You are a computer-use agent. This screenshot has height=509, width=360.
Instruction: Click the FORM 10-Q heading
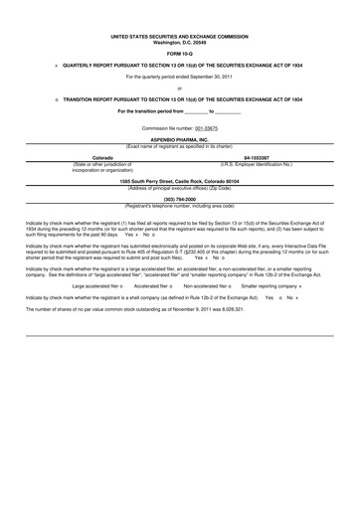(x=179, y=54)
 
